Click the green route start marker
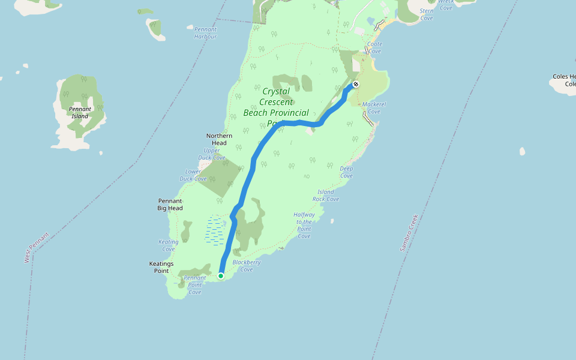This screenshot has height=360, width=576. [221, 276]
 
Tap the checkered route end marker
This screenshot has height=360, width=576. [356, 85]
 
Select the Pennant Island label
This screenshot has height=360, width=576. [79, 113]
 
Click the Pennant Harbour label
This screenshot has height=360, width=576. [205, 32]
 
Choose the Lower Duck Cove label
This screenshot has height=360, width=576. [193, 175]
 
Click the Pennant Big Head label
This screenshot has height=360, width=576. [170, 205]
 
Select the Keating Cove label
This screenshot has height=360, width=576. [169, 245]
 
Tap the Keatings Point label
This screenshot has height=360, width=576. [161, 267]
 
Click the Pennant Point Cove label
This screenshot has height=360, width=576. [195, 285]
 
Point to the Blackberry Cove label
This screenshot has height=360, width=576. [247, 266]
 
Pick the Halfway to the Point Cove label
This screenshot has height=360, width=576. [304, 226]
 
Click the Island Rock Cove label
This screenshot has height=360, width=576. [326, 196]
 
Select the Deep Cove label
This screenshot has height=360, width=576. [346, 172]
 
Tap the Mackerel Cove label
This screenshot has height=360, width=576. [374, 108]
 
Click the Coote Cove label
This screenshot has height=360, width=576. [374, 47]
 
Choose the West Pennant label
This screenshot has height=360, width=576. [37, 247]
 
